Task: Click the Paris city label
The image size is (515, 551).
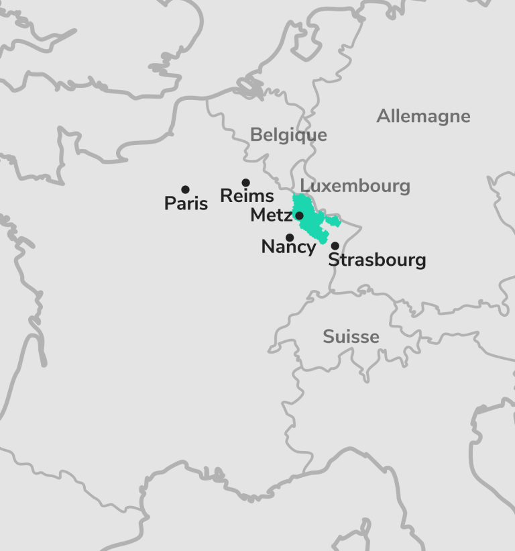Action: point(186,203)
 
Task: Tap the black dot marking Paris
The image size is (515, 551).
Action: point(185,190)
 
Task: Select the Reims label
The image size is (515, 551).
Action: point(247,196)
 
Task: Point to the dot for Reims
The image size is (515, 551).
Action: point(245,183)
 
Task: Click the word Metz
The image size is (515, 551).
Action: point(271,215)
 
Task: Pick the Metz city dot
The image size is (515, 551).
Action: point(299,215)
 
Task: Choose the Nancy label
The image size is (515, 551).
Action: point(288,247)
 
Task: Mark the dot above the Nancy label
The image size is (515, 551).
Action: point(290,238)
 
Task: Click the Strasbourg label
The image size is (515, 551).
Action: point(377,260)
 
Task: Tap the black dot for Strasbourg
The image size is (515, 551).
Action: point(335,246)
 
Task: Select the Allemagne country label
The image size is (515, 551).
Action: point(423,116)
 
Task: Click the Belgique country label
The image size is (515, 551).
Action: point(288,135)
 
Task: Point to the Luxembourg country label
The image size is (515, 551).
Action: point(355,186)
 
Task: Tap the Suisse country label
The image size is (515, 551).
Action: point(351,336)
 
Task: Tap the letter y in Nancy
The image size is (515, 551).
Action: point(310,249)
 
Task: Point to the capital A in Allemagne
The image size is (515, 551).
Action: point(383,116)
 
